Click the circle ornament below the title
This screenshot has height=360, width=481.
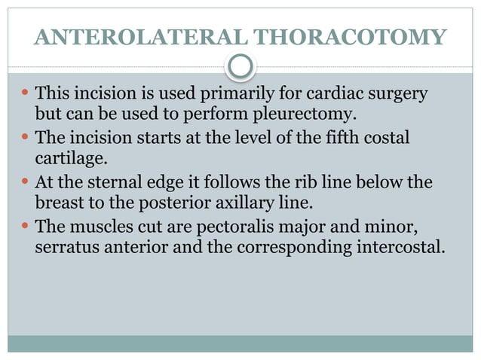[x=240, y=67]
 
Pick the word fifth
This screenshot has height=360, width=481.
[x=351, y=139]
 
